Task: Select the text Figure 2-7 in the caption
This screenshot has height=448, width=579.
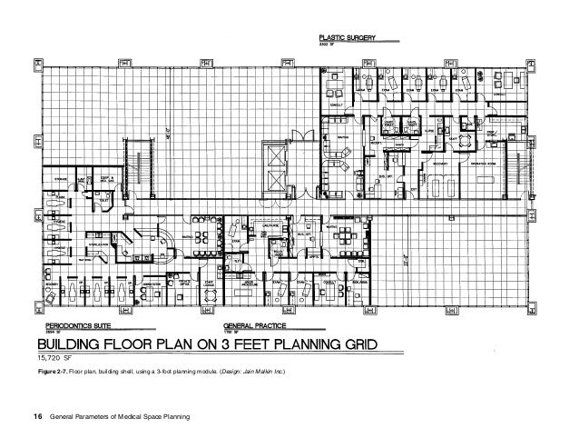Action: [56, 373]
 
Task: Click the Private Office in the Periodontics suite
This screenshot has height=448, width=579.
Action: [185, 284]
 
